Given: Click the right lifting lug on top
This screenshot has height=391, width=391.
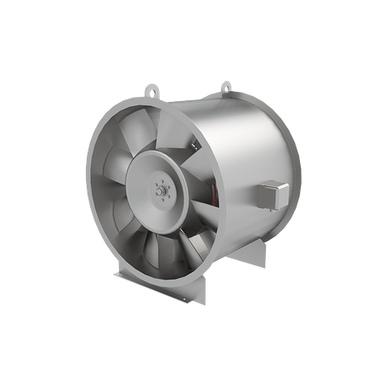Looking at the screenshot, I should [x=225, y=85].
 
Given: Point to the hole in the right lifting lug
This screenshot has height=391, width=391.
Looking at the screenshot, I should [x=225, y=83].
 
